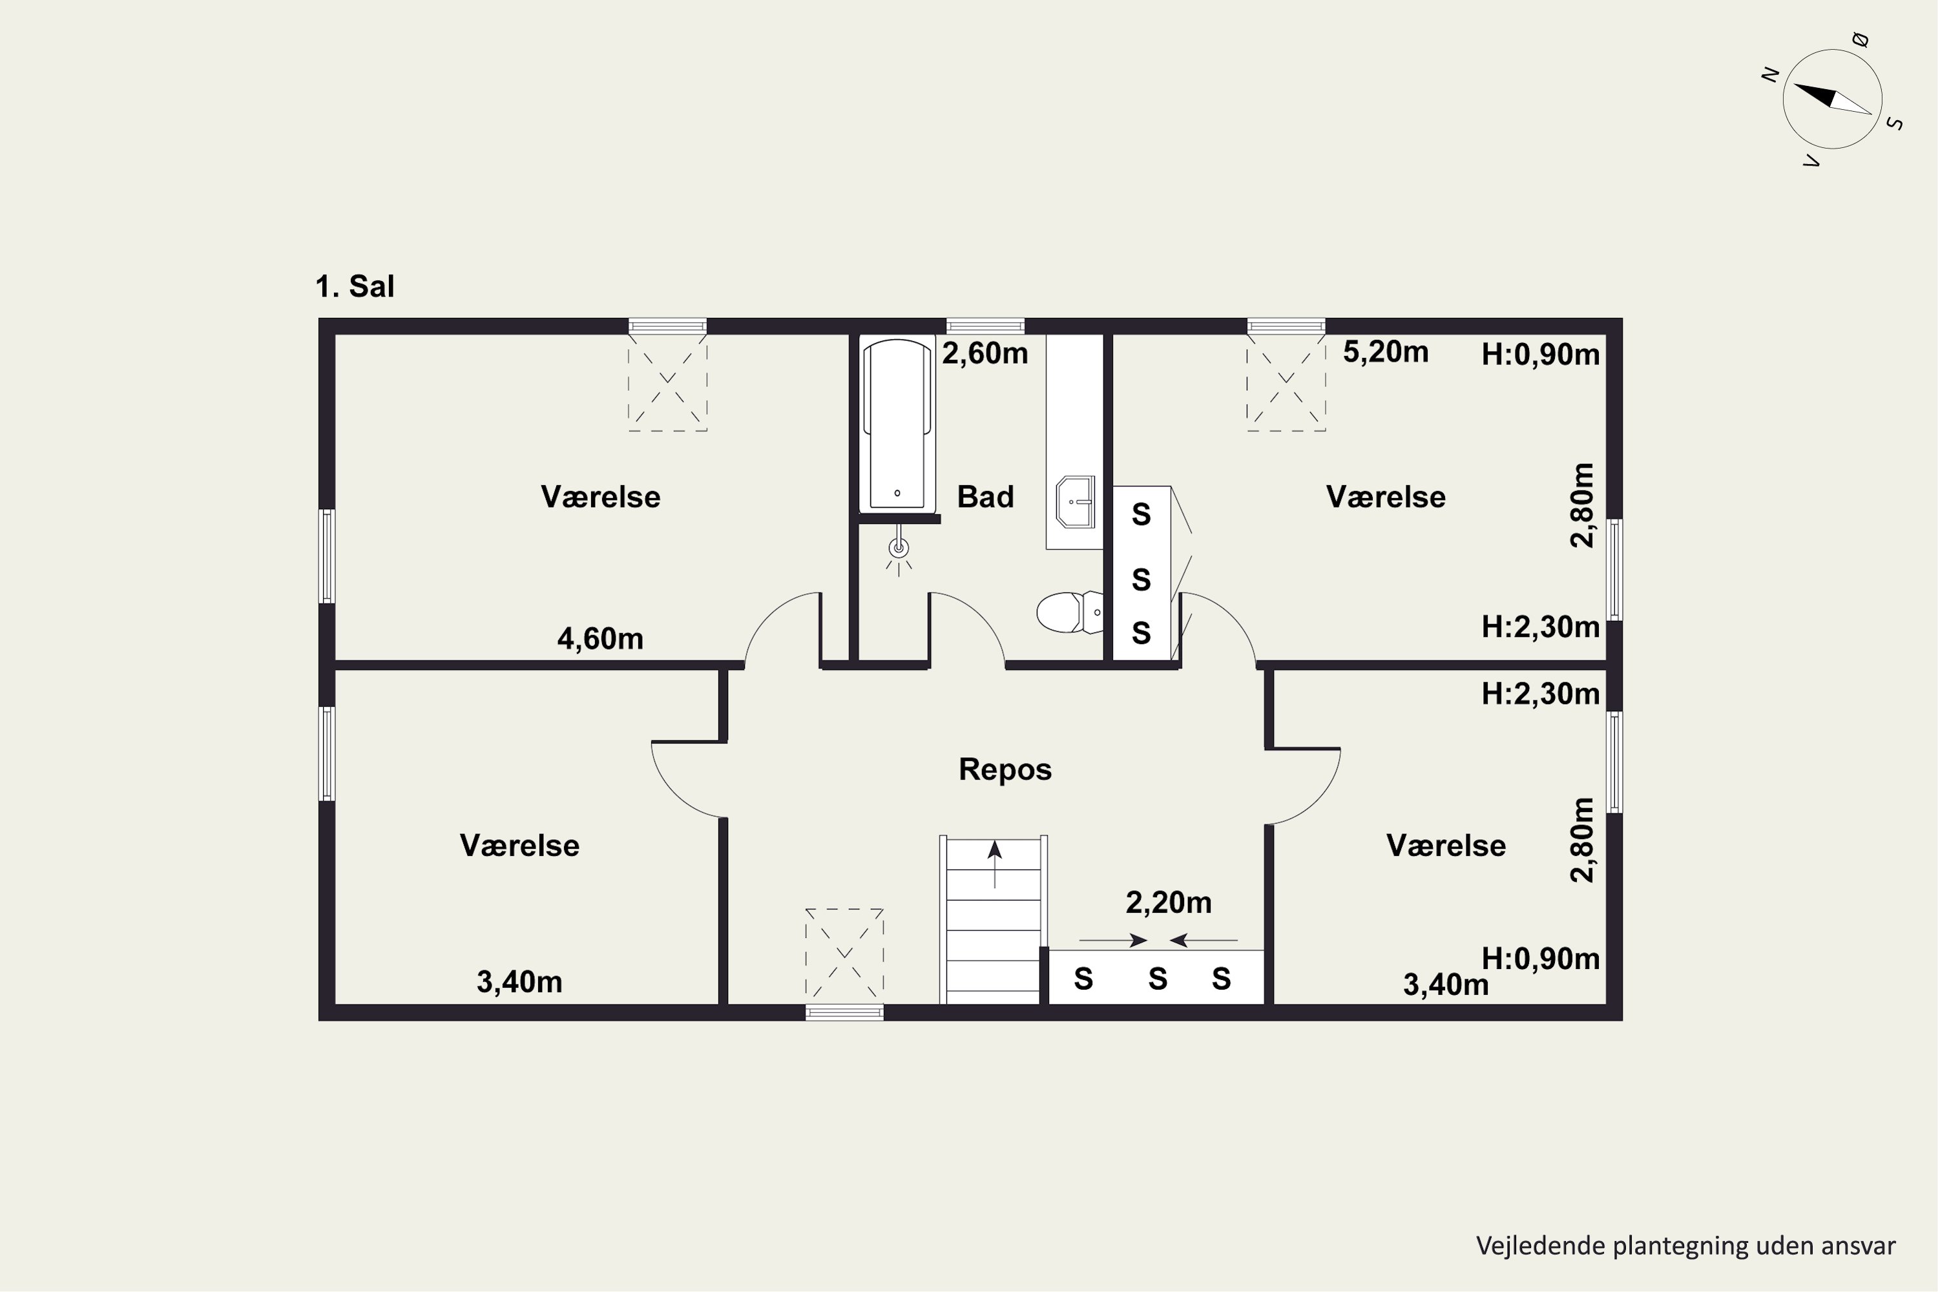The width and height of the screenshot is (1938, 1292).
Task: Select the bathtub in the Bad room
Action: pyautogui.click(x=897, y=424)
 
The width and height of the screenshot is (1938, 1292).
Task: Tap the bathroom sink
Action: pyautogui.click(x=1076, y=501)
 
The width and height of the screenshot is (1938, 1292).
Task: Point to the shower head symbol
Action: pyautogui.click(x=899, y=548)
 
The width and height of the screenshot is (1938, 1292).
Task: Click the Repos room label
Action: pyautogui.click(x=1005, y=769)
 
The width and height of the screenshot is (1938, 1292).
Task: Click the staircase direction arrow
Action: pyautogui.click(x=995, y=864)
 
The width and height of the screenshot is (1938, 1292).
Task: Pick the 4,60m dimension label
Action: pyautogui.click(x=600, y=639)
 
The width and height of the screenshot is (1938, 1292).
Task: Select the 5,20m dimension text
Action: pyautogui.click(x=1385, y=352)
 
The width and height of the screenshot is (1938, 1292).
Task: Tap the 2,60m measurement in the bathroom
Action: pyautogui.click(x=985, y=353)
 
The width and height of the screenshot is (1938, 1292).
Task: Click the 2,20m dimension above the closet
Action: pyautogui.click(x=1169, y=903)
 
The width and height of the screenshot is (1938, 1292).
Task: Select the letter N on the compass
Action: pyautogui.click(x=1770, y=75)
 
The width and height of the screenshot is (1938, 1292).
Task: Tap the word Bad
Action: pyautogui.click(x=986, y=497)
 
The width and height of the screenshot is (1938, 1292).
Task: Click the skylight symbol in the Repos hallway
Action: pyautogui.click(x=844, y=952)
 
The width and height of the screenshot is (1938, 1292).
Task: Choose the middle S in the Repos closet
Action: pyautogui.click(x=1158, y=979)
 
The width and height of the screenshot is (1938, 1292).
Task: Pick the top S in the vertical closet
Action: pyautogui.click(x=1141, y=514)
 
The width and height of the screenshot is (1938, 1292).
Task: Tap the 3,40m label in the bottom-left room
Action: pyautogui.click(x=519, y=982)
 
